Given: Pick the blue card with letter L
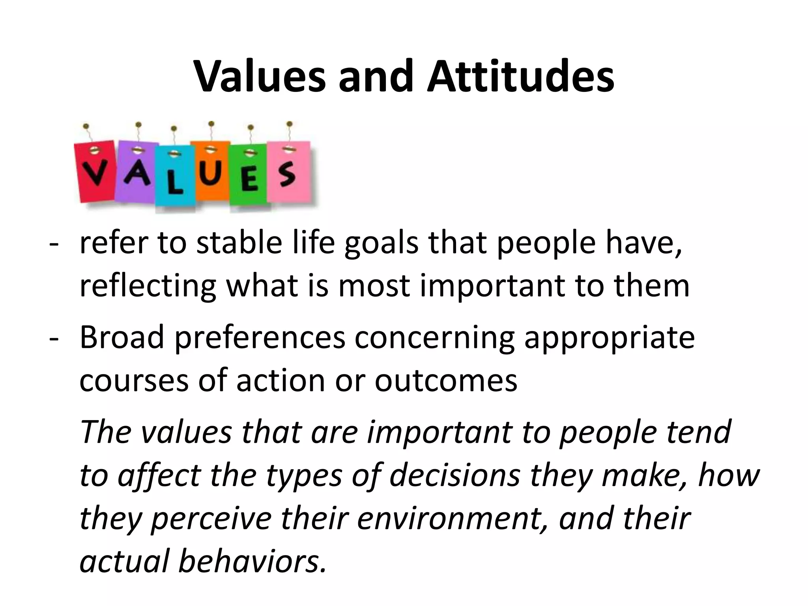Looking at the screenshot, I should [x=175, y=178].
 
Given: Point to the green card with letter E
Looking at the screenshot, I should [x=249, y=176].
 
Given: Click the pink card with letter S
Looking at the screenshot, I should [x=288, y=172].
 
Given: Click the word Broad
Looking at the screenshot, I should [x=122, y=338].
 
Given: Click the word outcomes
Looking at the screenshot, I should [x=446, y=381].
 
